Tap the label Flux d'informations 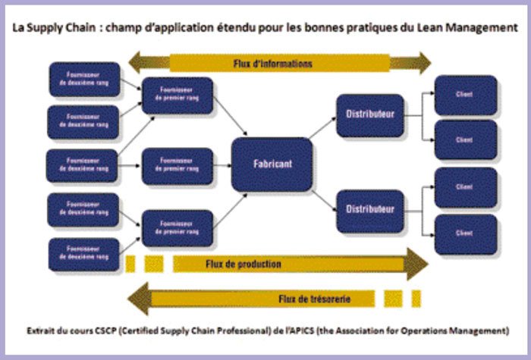pos(273,63)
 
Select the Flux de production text pos(243,265)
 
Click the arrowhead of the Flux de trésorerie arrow pos(137,299)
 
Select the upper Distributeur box pos(369,115)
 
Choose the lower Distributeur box pos(369,209)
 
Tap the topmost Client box pos(464,95)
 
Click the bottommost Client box pos(464,234)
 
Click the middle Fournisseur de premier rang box pos(177,164)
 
